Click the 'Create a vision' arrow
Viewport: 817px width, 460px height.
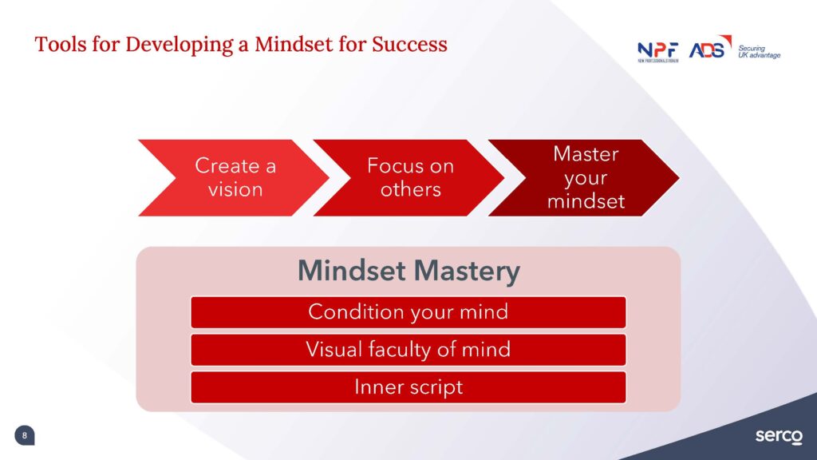pyautogui.click(x=235, y=178)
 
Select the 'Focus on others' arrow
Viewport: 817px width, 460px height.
pyautogui.click(x=409, y=178)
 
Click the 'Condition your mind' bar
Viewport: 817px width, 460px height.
pyautogui.click(x=408, y=312)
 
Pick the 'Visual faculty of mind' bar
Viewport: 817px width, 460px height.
pyautogui.click(x=408, y=350)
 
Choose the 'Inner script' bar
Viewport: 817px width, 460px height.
pyautogui.click(x=408, y=387)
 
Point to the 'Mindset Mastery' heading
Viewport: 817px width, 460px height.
pyautogui.click(x=409, y=272)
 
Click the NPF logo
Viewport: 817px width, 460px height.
pyautogui.click(x=658, y=52)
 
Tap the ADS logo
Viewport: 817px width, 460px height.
pyautogui.click(x=710, y=47)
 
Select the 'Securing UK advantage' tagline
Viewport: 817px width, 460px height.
pyautogui.click(x=760, y=52)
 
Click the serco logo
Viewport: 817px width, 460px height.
pyautogui.click(x=779, y=436)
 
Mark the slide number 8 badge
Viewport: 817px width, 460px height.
pyautogui.click(x=25, y=435)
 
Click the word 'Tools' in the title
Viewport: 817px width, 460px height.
pyautogui.click(x=61, y=45)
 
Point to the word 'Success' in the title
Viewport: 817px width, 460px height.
pyautogui.click(x=409, y=45)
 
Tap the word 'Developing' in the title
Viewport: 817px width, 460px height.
pyautogui.click(x=180, y=46)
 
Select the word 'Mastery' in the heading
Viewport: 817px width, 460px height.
pyautogui.click(x=467, y=272)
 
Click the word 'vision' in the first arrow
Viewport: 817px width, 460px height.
pyautogui.click(x=235, y=189)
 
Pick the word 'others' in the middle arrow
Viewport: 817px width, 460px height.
pyautogui.click(x=411, y=189)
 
